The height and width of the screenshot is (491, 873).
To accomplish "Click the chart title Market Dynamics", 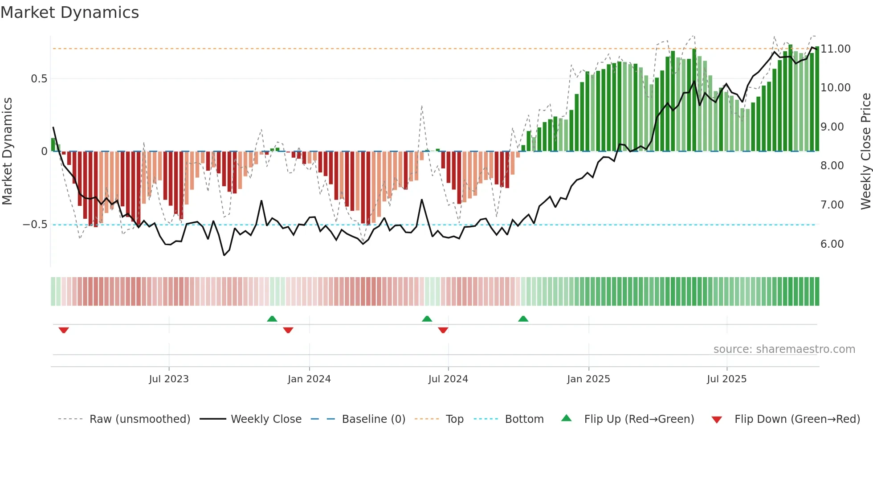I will pos(69,12).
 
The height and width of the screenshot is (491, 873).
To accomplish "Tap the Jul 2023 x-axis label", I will pos(169,379).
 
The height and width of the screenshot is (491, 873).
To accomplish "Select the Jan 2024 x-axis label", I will pos(309,379).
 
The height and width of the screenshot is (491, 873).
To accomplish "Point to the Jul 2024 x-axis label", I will pos(448,379).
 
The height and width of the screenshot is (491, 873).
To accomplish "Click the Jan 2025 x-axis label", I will pos(588,379).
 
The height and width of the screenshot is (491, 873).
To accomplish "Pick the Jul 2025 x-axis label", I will pos(726,379).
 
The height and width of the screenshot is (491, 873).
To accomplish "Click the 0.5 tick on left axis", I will pos(39,79).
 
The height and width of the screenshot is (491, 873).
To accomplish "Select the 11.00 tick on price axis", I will pos(836,49).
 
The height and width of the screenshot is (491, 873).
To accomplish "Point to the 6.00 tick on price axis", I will pos(832,244).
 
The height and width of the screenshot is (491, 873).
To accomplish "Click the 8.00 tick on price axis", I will pos(832,166).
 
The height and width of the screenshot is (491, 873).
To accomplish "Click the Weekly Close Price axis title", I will pos(865,151).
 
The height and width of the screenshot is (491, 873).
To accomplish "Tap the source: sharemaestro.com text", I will pos(784,349).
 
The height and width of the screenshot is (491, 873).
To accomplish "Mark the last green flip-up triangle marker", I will pos(523,319).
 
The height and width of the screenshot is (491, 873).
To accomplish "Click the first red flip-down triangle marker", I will pos(64,330).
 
